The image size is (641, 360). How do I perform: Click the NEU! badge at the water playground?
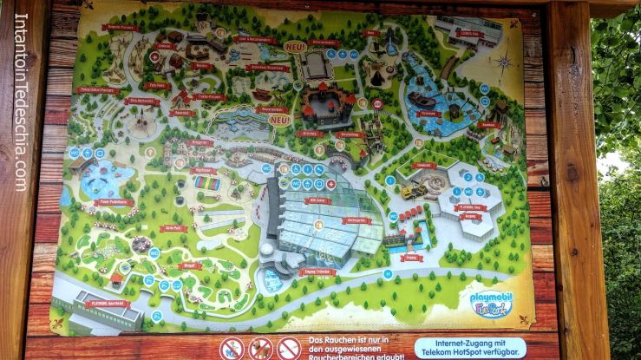pos(278,119)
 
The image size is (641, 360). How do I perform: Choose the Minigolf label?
pos(190,266)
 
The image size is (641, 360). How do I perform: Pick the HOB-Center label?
pos(319,200)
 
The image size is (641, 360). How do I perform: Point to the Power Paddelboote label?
pos(110,202)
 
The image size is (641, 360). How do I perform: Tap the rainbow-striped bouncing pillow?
pos(206,183)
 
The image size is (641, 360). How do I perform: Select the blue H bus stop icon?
pos(389,180)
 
